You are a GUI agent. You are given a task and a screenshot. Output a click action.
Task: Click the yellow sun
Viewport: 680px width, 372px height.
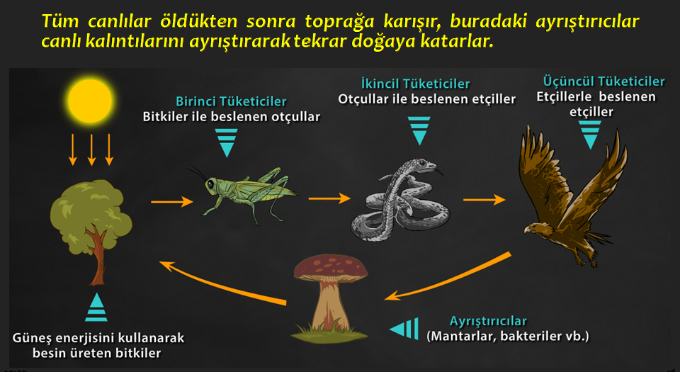90,101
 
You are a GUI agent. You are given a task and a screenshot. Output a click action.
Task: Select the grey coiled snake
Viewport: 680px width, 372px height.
398,198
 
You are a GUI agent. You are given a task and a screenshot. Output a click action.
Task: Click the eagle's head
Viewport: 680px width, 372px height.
535,229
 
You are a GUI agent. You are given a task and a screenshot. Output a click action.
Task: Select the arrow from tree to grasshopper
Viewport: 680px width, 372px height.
171,202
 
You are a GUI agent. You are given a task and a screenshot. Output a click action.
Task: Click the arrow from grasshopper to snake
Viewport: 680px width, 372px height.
329,198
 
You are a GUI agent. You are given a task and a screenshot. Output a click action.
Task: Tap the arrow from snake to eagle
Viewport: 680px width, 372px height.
484,200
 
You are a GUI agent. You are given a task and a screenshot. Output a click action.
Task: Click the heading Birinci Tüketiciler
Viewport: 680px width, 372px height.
231,101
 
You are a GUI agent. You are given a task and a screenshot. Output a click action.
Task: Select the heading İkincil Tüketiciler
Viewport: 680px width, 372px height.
415,83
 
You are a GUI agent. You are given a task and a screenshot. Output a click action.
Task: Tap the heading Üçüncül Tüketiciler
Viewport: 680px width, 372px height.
603,81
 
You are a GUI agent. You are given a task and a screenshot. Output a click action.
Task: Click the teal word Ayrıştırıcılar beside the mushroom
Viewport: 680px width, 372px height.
488,321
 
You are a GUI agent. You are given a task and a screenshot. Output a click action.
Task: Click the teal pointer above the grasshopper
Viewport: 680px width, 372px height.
227,142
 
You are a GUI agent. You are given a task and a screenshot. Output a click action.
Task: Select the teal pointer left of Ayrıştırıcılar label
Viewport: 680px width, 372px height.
404,329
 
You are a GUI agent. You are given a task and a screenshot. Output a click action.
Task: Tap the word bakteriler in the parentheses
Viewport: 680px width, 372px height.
530,336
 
